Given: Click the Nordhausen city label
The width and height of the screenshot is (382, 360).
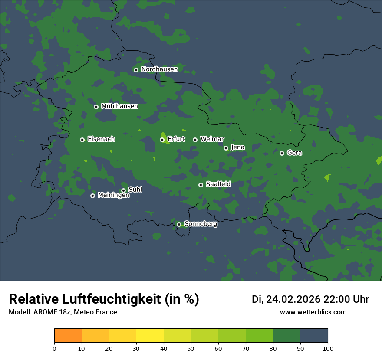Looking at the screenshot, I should (159, 69).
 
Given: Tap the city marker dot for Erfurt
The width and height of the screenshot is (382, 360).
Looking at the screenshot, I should (162, 140).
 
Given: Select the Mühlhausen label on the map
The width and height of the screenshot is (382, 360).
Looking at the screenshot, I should (119, 106).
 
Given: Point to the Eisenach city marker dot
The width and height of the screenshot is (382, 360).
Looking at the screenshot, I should (82, 140).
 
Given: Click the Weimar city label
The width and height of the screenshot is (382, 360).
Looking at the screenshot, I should (212, 139).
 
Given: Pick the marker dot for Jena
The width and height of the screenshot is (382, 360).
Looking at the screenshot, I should (226, 148).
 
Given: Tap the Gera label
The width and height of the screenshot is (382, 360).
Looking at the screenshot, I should (294, 153).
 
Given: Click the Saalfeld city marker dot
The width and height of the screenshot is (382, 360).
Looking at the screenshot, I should (201, 185).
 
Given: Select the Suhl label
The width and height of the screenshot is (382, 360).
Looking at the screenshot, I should (135, 190).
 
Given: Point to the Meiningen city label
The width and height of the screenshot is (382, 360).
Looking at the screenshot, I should (113, 196).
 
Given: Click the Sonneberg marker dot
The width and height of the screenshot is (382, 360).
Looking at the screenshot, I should (179, 224).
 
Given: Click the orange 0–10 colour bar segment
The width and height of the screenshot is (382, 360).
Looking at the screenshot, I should (68, 336).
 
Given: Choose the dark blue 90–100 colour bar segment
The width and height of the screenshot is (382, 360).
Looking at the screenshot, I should (314, 336).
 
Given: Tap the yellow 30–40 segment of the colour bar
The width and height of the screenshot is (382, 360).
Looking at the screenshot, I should (150, 336).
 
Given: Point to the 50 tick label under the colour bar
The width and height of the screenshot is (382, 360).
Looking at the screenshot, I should (191, 349).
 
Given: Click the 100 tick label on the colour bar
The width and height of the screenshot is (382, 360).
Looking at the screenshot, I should (328, 349).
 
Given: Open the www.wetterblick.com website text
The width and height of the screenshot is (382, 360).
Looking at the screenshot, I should (313, 312).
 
